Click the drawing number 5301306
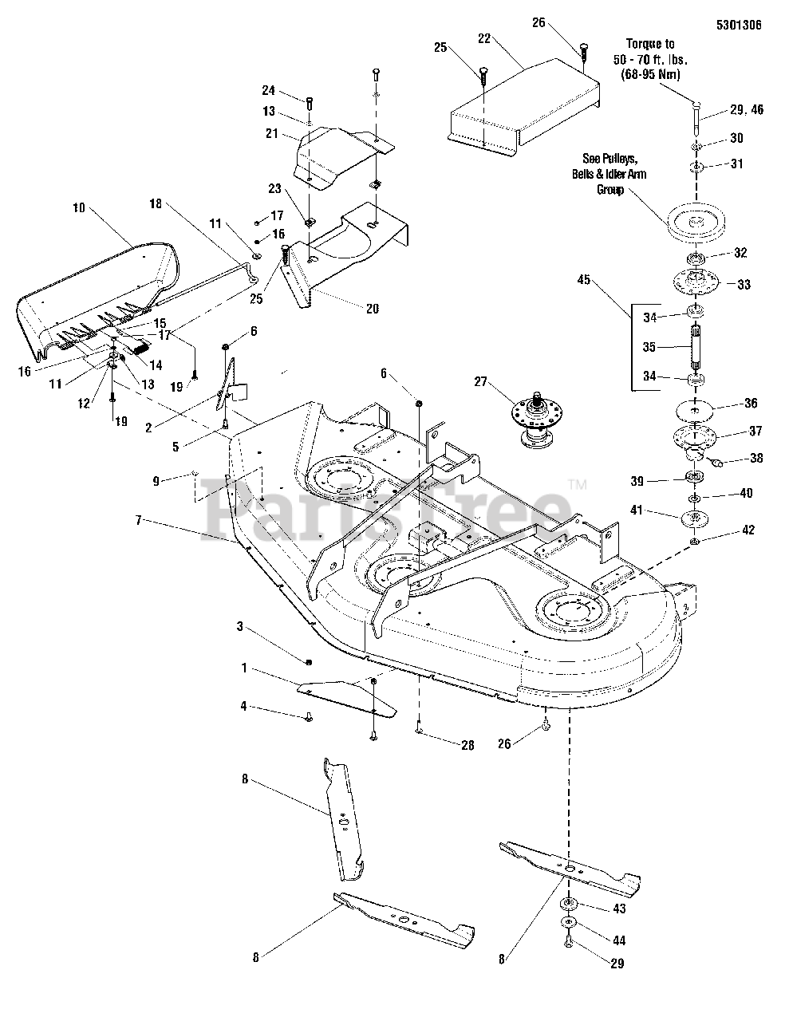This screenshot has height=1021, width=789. point(739,26)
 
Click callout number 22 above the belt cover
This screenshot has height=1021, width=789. point(481,39)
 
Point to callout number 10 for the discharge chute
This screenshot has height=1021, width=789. point(78,208)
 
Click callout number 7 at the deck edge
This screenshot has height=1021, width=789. point(139,520)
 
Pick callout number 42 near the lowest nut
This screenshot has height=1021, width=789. point(747,530)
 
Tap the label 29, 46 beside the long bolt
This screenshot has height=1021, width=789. point(746,109)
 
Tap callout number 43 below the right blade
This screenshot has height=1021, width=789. point(619,909)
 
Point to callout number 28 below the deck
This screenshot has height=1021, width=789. point(467,745)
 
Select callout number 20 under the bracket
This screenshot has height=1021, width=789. point(372,309)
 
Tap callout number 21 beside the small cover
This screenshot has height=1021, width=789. point(272,133)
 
